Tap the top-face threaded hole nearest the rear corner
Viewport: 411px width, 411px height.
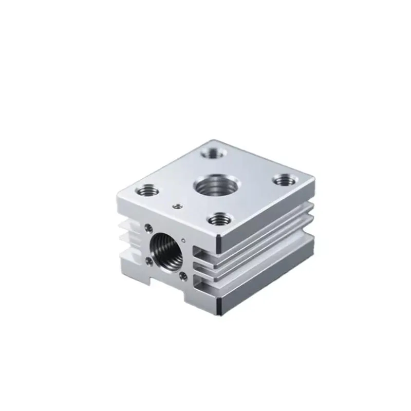pyautogui.click(x=210, y=153)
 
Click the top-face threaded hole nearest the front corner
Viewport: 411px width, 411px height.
pyautogui.click(x=219, y=219)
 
